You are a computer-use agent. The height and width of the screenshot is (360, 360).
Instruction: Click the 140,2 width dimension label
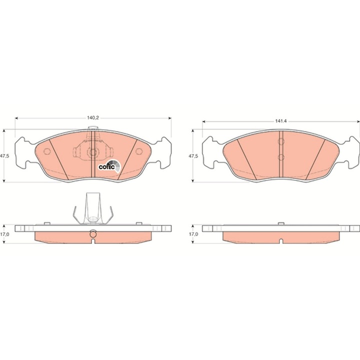click(93, 118)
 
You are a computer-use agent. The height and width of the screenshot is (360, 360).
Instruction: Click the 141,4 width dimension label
click(281, 121)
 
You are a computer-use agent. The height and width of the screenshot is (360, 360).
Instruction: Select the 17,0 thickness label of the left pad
click(4, 234)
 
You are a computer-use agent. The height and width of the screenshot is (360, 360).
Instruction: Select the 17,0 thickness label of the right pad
click(193, 234)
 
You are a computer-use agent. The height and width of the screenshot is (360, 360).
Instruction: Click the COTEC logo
click(109, 166)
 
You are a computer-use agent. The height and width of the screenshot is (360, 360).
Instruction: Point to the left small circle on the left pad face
click(47, 151)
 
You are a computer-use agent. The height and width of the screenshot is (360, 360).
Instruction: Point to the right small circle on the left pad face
click(139, 151)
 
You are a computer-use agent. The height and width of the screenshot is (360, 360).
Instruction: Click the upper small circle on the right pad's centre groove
click(281, 141)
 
